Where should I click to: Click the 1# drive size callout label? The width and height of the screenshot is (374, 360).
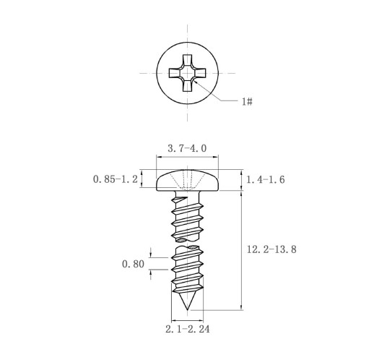[247, 101]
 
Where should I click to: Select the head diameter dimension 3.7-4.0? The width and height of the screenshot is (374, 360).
[187, 148]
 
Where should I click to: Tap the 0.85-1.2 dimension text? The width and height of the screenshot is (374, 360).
[116, 179]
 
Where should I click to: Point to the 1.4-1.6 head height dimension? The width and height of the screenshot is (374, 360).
[265, 180]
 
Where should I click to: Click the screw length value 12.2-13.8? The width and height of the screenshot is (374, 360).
[271, 249]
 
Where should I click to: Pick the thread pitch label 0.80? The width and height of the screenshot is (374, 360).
[133, 264]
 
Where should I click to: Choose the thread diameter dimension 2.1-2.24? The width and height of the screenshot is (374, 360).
[188, 329]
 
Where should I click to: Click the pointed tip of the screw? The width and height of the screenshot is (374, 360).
[188, 309]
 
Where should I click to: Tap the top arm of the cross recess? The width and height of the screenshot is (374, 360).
[187, 60]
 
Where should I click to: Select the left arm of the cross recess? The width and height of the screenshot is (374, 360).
[174, 73]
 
